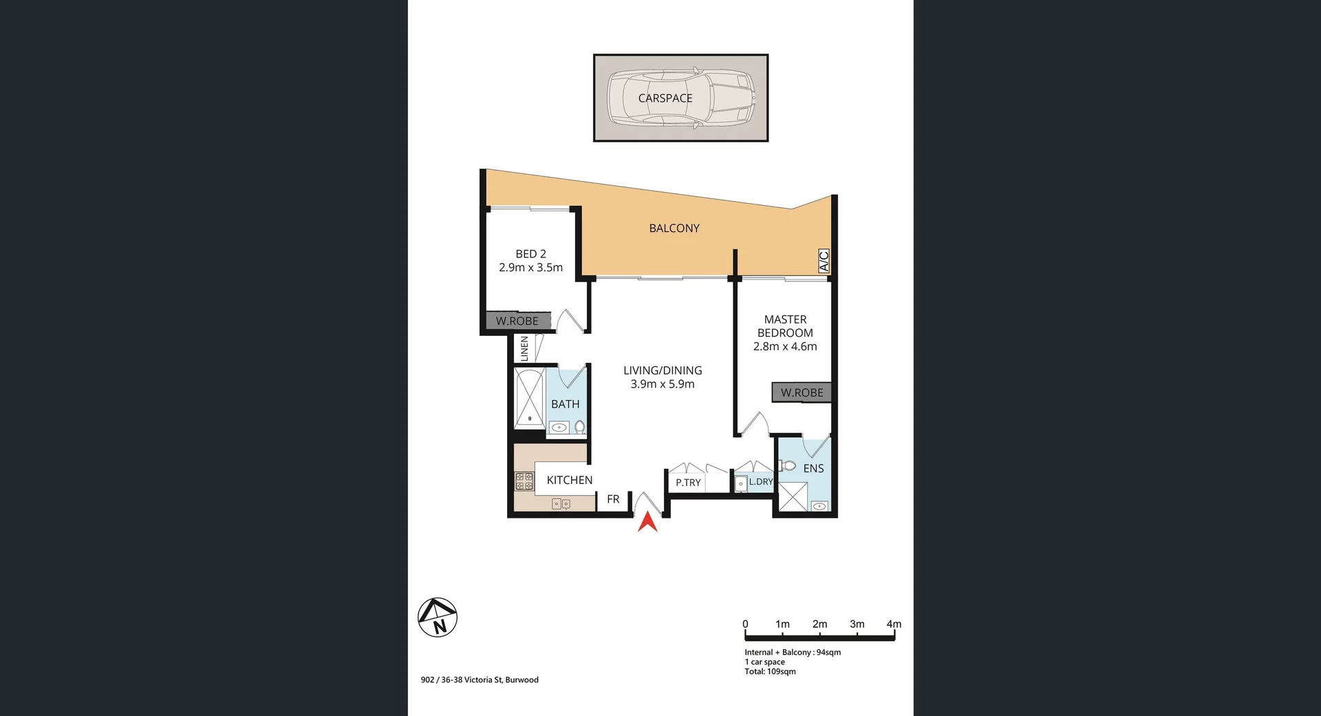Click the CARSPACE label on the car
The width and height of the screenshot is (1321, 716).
pyautogui.click(x=665, y=98)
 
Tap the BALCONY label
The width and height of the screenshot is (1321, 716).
pyautogui.click(x=674, y=229)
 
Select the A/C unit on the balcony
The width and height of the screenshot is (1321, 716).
pyautogui.click(x=824, y=261)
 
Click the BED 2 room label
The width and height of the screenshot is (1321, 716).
pyautogui.click(x=530, y=254)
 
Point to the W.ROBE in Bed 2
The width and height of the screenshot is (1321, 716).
pyautogui.click(x=517, y=321)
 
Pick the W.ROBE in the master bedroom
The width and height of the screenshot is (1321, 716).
pyautogui.click(x=802, y=392)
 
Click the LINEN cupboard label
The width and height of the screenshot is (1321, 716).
pyautogui.click(x=524, y=348)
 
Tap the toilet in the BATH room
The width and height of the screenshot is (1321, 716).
pyautogui.click(x=579, y=427)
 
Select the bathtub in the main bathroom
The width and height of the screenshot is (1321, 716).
pyautogui.click(x=530, y=398)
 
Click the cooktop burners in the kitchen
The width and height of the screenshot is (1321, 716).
pyautogui.click(x=524, y=481)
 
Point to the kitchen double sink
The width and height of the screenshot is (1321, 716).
pyautogui.click(x=561, y=504)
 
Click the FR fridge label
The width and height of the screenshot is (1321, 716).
pyautogui.click(x=613, y=499)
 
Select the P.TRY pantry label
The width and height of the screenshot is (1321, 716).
pyautogui.click(x=687, y=483)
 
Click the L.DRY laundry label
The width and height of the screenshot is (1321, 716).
pyautogui.click(x=760, y=482)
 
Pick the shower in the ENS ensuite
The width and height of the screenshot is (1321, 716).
pyautogui.click(x=793, y=497)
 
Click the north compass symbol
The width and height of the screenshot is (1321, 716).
pyautogui.click(x=438, y=617)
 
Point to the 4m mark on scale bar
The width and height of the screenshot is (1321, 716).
pyautogui.click(x=893, y=624)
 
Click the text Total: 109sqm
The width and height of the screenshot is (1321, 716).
pyautogui.click(x=770, y=671)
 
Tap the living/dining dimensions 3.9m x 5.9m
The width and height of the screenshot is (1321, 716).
pyautogui.click(x=662, y=384)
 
